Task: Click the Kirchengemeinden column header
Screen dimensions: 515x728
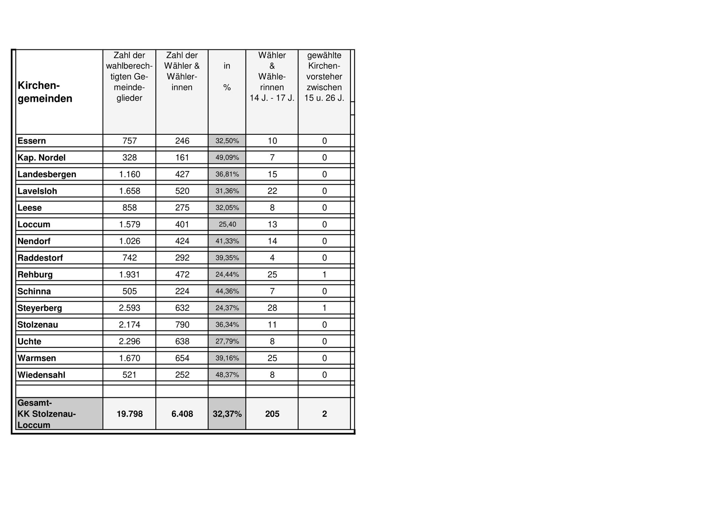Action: tap(45, 92)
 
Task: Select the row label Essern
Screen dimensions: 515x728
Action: tap(32, 141)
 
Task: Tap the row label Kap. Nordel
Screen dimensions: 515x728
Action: tap(41, 158)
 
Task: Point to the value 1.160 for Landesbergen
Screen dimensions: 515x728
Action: tap(129, 174)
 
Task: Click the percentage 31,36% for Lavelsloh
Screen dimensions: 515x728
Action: tap(227, 191)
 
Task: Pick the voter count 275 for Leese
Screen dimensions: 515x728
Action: tap(182, 208)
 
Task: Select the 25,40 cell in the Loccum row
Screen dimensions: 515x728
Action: tap(227, 224)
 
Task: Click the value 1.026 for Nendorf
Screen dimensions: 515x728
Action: tap(129, 241)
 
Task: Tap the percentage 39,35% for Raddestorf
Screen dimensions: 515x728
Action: tap(227, 258)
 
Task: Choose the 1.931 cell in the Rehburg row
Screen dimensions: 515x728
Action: tap(129, 275)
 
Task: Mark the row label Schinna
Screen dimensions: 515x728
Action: tap(34, 292)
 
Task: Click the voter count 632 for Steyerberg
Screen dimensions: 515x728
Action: tap(182, 308)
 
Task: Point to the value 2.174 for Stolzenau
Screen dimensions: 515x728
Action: tap(129, 325)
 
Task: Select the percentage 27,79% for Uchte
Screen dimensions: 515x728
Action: tap(227, 342)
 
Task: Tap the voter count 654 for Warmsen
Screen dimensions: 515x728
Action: tap(182, 358)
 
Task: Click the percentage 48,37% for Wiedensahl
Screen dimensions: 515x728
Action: tap(227, 375)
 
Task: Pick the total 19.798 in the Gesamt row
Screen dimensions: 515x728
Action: tap(129, 414)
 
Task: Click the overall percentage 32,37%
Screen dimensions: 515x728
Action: tap(227, 414)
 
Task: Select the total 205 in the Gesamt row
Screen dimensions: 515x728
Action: tap(272, 414)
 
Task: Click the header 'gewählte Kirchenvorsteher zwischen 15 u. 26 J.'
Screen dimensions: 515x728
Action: tap(324, 77)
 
